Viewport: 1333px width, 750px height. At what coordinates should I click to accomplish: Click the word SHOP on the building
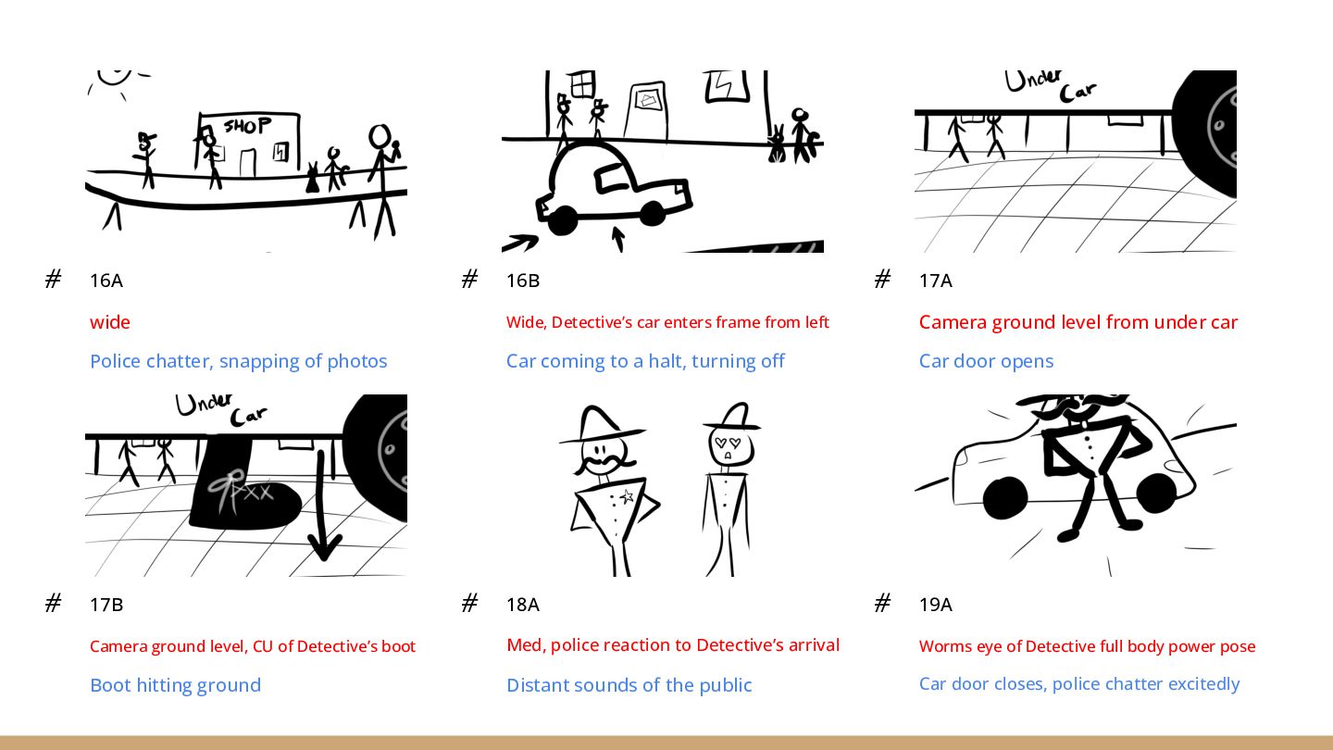pos(247,126)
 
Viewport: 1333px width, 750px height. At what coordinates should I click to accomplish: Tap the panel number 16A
pos(106,281)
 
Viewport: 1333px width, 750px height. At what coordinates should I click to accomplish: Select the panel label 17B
pos(106,605)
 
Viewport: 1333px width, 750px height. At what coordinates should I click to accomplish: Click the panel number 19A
pos(936,605)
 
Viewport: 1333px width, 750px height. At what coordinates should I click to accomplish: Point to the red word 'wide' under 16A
pos(110,322)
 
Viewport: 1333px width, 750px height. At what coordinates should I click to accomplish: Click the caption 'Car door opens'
pos(986,361)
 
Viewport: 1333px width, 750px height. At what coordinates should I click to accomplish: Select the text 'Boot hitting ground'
pos(176,685)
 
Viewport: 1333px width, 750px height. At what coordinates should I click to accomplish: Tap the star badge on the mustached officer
pos(627,496)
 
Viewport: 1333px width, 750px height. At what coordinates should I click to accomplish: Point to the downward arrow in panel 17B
pos(322,506)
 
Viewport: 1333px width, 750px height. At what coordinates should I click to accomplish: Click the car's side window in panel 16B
pos(611,177)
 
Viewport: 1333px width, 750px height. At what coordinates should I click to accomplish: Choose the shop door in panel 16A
pos(247,162)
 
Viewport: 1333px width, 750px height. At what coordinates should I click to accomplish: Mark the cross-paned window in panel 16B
pos(582,84)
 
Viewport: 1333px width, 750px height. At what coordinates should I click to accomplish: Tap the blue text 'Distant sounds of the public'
pos(629,685)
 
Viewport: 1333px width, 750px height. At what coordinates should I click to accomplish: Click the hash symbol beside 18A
pos(469,604)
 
